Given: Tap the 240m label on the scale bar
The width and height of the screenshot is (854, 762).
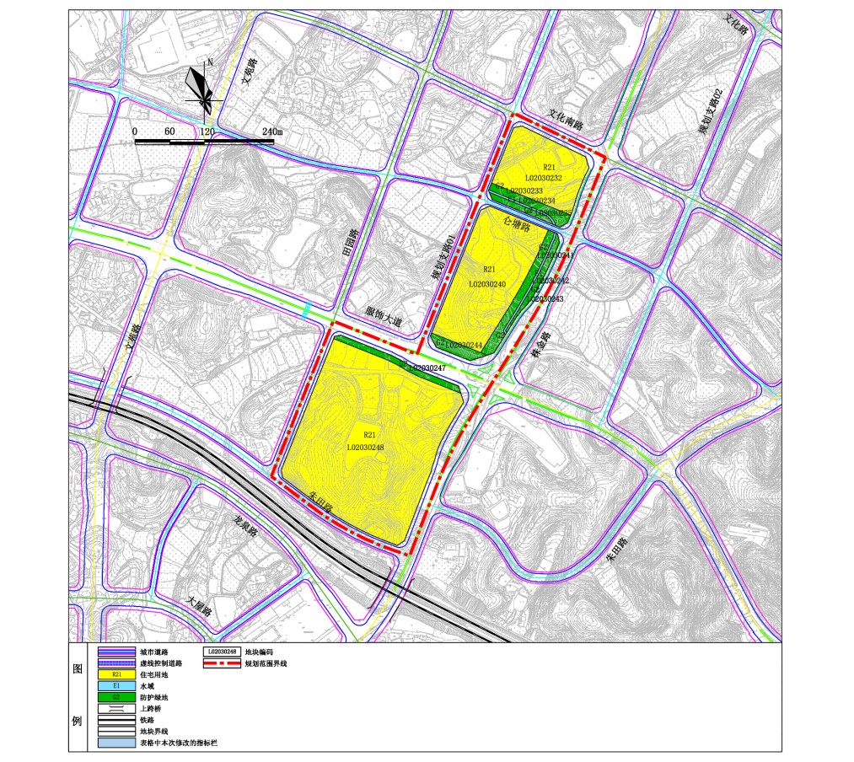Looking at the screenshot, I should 271,132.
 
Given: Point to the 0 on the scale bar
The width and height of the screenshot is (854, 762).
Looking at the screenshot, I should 135,132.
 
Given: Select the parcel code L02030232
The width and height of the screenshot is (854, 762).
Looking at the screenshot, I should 543,179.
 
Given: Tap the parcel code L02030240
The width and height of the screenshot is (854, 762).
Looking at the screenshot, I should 487,284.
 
